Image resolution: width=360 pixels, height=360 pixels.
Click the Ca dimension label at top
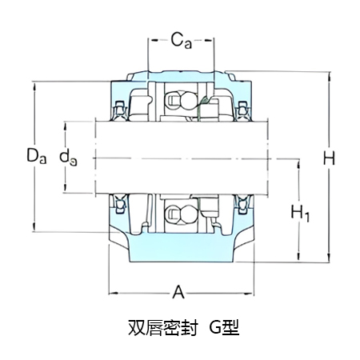click(x=180, y=39)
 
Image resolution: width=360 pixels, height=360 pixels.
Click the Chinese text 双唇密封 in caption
click(x=160, y=328)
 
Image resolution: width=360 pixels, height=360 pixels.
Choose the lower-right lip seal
click(x=240, y=206)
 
